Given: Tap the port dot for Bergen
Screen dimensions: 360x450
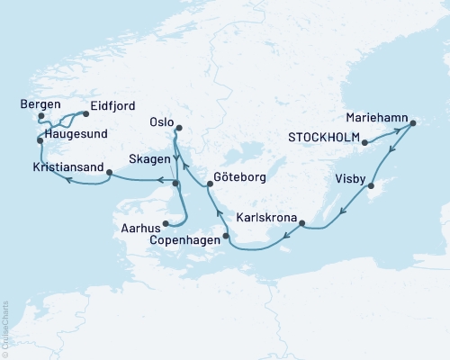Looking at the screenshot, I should [41, 116].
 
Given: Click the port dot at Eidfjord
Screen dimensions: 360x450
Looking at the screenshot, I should [85, 114].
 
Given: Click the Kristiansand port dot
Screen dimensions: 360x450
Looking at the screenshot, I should [109, 173].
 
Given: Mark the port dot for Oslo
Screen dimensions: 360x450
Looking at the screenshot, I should [178, 128].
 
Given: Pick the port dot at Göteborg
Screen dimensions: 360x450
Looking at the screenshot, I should [210, 184].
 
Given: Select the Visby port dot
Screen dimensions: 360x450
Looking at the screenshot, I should [369, 185].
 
